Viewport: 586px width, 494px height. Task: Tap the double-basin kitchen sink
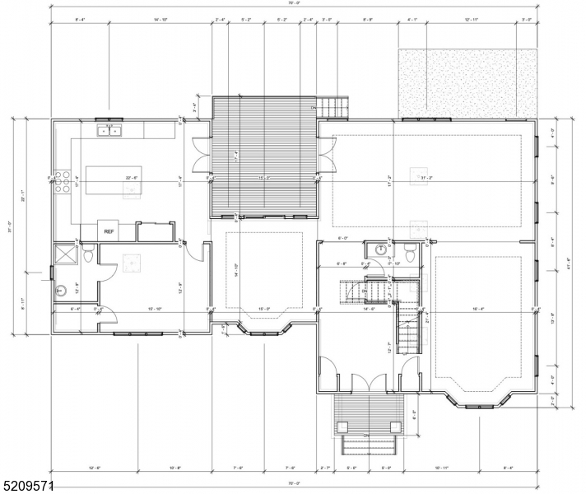pos(109,129)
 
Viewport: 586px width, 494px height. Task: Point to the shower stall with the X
pos(64,255)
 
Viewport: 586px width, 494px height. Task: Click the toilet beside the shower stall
pos(86,255)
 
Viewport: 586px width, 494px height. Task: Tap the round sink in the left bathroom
pos(62,290)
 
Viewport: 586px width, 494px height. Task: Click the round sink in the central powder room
pos(381,249)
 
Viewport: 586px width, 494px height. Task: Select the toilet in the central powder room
pos(409,249)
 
